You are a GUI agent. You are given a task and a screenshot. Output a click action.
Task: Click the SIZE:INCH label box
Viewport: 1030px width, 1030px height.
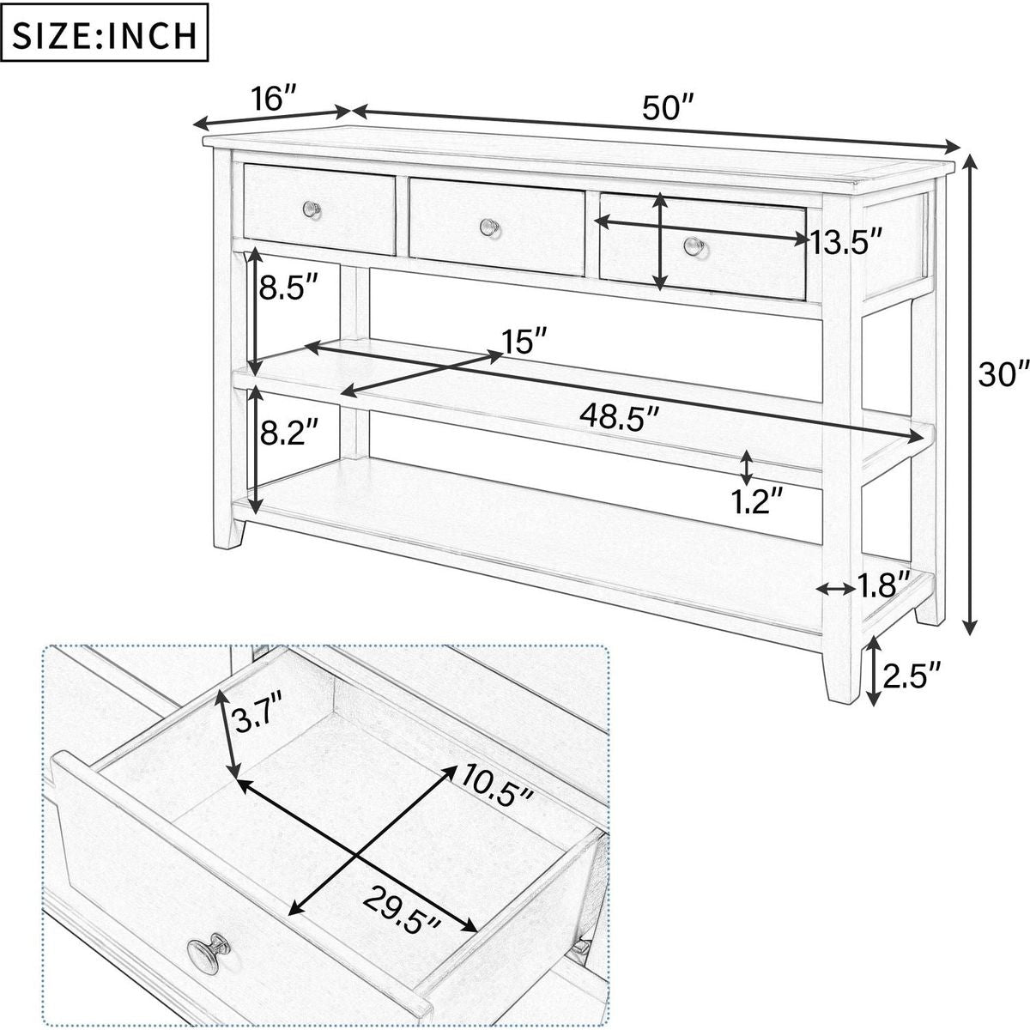[104, 35]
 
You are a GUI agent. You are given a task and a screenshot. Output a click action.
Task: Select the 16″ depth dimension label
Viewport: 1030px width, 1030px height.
[274, 99]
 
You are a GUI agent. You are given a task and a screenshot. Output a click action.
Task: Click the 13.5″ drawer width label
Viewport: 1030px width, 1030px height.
[846, 243]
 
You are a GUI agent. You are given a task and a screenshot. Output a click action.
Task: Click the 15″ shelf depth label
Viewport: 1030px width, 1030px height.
[524, 341]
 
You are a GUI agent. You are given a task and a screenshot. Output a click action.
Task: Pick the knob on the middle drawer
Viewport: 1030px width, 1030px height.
[489, 226]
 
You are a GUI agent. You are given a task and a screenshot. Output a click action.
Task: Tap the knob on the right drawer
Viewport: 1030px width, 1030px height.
[694, 247]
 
